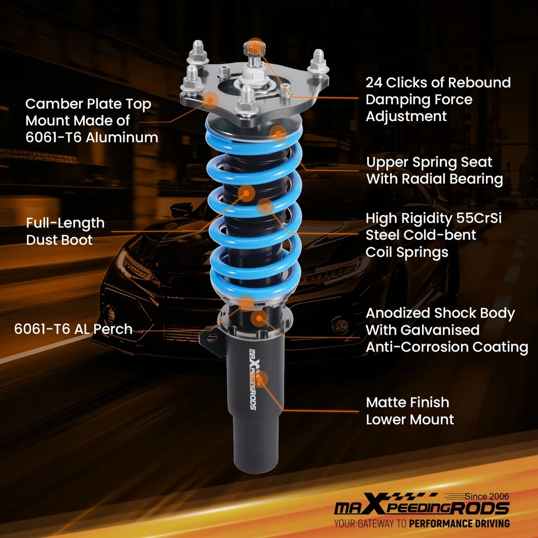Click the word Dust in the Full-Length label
coord(42,240)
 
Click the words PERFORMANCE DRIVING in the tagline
coord(460,524)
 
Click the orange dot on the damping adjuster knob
coord(256,45)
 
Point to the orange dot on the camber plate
coord(210,100)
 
